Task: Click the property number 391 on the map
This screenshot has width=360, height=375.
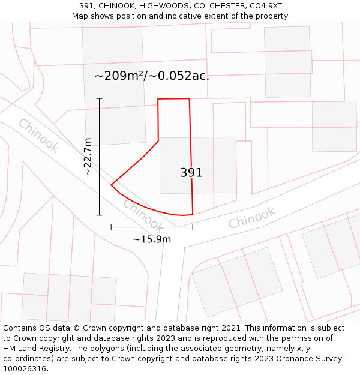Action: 191,173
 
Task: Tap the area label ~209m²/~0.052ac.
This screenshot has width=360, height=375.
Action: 152,76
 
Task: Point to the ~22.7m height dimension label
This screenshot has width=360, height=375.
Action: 88,156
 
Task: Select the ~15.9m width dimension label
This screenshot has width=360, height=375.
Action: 152,239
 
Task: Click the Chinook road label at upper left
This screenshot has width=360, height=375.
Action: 38,136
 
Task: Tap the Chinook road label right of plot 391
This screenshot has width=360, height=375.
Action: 252,217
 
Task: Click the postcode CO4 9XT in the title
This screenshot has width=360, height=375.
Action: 265,5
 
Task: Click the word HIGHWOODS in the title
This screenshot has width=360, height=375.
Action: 150,5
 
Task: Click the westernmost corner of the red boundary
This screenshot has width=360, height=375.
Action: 111,185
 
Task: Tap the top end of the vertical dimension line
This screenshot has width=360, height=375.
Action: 100,98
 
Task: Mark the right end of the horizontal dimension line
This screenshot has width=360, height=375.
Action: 193,227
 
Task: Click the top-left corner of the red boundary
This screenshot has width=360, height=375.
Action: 158,99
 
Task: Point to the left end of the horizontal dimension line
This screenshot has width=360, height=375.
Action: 111,227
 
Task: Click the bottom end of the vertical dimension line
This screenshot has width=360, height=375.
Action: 100,215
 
